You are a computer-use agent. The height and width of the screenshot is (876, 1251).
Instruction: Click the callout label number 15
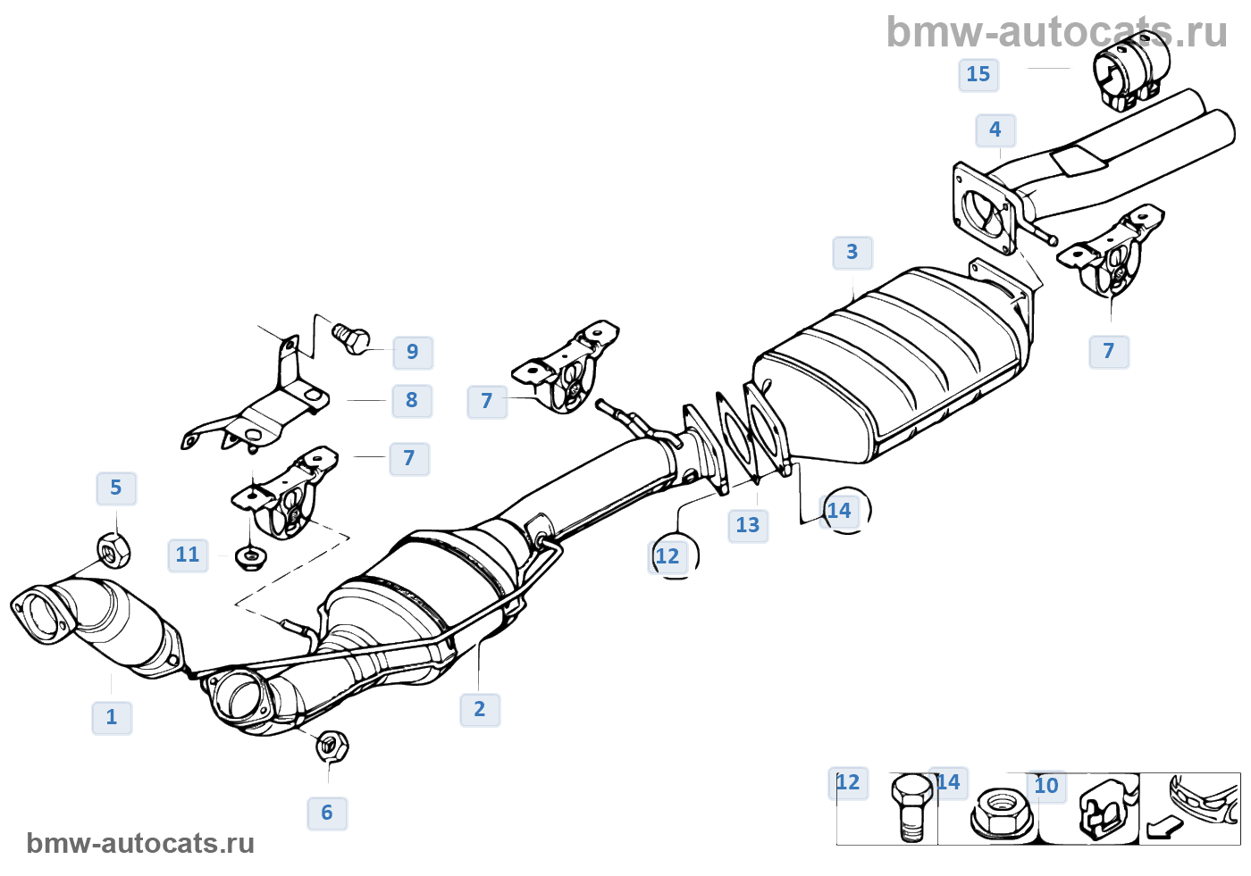pyautogui.click(x=978, y=75)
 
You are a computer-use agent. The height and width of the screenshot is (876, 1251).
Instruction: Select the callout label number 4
pyautogui.click(x=995, y=130)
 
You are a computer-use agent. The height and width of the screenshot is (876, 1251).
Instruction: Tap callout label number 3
pyautogui.click(x=852, y=253)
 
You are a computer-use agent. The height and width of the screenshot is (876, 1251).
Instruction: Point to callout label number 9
pyautogui.click(x=413, y=352)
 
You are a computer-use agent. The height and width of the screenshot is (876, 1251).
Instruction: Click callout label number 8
pyautogui.click(x=412, y=401)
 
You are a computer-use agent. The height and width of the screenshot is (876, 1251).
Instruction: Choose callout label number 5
pyautogui.click(x=116, y=488)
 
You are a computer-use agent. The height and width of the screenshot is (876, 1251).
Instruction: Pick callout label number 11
pyautogui.click(x=188, y=555)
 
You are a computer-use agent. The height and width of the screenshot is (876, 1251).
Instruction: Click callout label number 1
pyautogui.click(x=112, y=717)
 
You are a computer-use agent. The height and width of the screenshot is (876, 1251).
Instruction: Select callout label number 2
pyautogui.click(x=480, y=710)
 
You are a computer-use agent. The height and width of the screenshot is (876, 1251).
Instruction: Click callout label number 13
pyautogui.click(x=748, y=526)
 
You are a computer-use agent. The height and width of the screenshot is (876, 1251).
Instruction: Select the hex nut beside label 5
pyautogui.click(x=113, y=550)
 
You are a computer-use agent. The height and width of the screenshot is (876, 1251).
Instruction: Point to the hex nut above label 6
pyautogui.click(x=332, y=745)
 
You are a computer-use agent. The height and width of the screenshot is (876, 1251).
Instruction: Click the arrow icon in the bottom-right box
pyautogui.click(x=1162, y=828)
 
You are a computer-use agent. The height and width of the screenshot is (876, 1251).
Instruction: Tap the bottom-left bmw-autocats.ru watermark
pyautogui.click(x=140, y=844)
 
